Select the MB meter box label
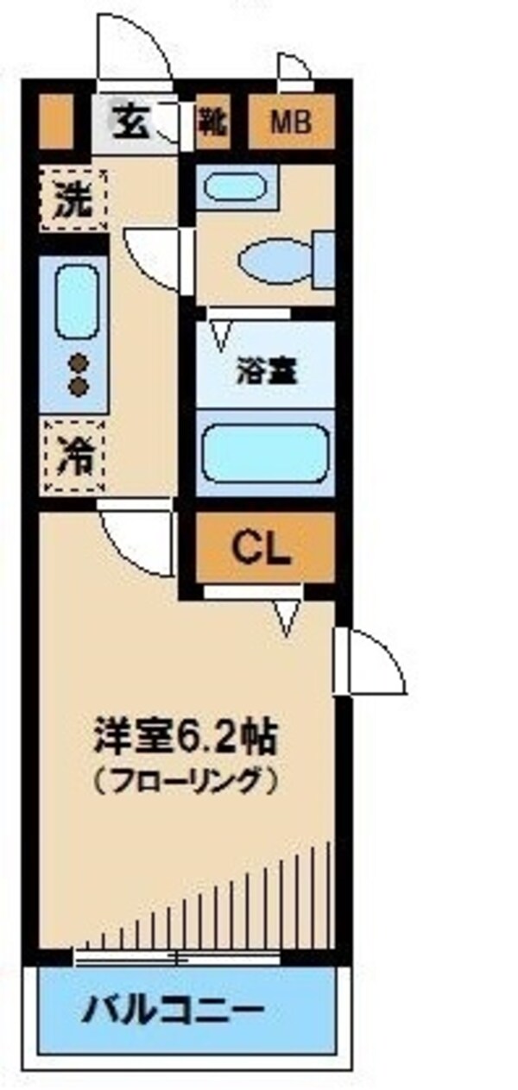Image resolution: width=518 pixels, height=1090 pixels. point(291,123)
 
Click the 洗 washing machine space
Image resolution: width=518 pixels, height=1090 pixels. point(73,199)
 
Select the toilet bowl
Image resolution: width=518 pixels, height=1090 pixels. point(275,261)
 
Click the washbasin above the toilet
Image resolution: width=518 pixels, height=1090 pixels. point(233,187)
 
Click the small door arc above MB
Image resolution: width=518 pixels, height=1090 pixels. point(294,72)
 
